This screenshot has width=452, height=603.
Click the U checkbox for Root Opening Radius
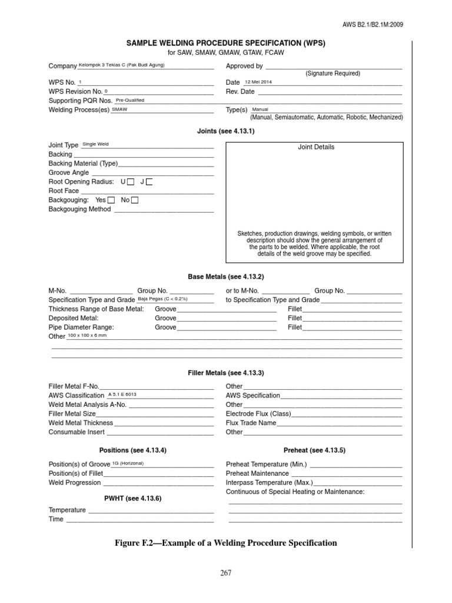coord(131,182)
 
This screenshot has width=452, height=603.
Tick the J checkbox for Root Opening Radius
coord(149,182)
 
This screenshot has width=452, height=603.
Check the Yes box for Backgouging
coord(111,200)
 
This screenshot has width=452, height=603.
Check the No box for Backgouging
coord(135,200)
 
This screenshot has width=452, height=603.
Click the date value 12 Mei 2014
coord(258,82)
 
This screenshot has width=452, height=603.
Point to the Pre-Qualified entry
coord(130,100)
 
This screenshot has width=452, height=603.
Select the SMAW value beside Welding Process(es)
coord(119,110)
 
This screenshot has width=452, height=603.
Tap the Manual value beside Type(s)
coord(260,110)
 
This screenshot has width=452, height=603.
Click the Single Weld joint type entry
coord(95,144)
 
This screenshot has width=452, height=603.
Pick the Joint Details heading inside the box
coord(316,147)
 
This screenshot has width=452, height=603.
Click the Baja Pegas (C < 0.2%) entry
coord(162,299)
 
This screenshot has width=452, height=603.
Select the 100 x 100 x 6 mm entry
coord(87,335)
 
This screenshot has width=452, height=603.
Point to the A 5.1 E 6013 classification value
coord(122,394)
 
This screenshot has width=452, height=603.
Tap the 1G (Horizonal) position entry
coord(128,463)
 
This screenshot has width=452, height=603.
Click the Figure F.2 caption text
coord(226,543)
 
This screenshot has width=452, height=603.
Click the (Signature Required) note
coord(333,74)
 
